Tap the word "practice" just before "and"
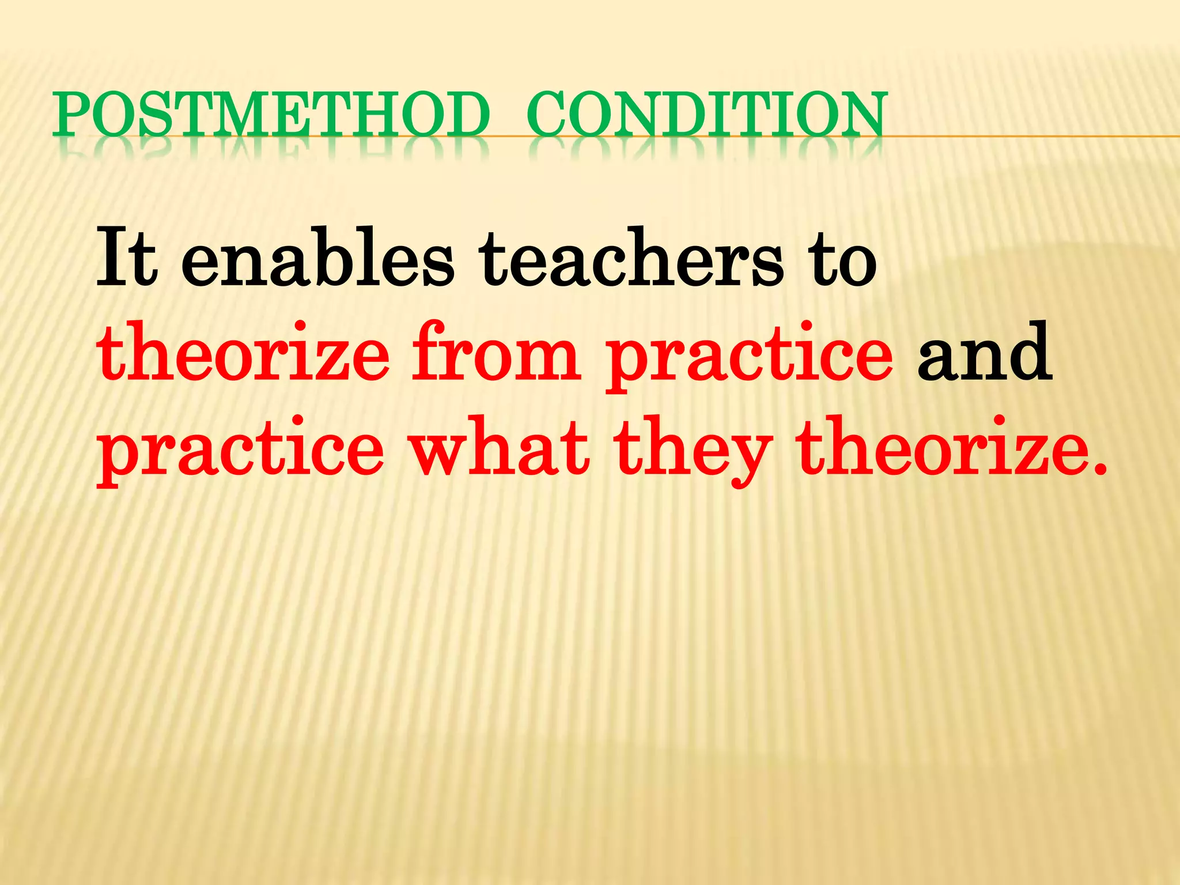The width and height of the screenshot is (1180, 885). click(x=749, y=357)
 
